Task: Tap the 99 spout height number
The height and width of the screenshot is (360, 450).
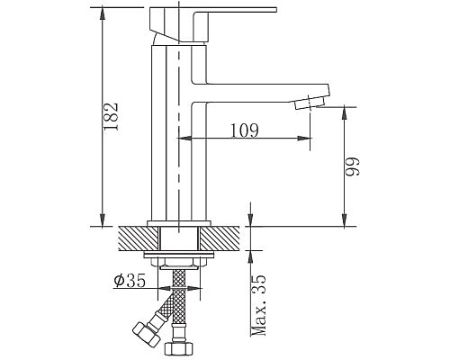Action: [x=355, y=166]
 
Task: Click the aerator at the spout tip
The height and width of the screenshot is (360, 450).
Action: [x=311, y=102]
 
